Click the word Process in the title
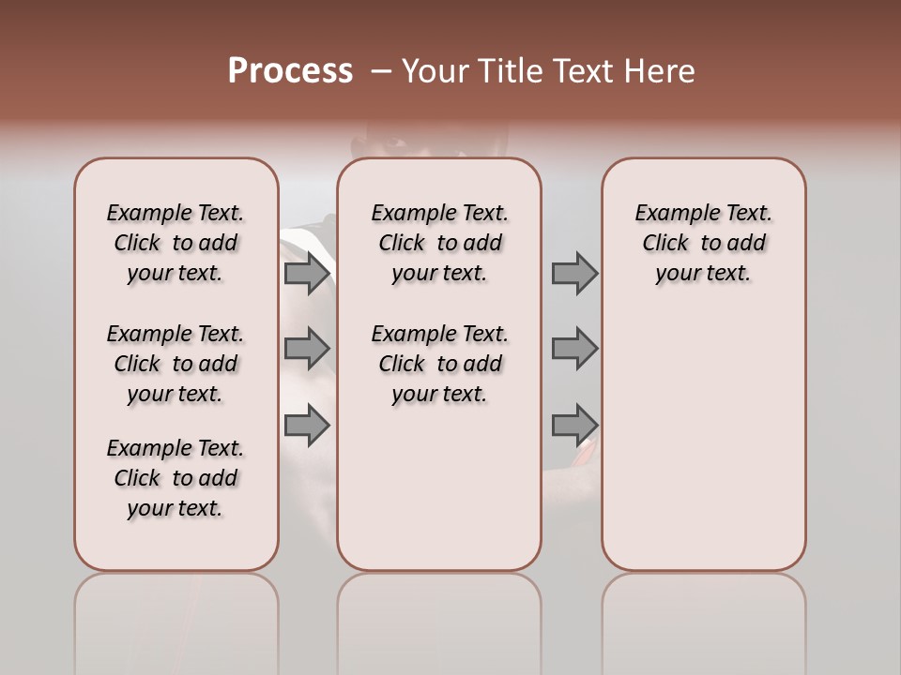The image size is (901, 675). click(x=290, y=71)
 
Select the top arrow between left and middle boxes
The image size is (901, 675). click(x=307, y=274)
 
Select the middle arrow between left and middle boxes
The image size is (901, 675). click(x=307, y=349)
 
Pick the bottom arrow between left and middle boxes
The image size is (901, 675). click(x=307, y=425)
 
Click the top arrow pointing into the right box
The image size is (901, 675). click(x=574, y=274)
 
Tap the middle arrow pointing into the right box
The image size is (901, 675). click(x=574, y=349)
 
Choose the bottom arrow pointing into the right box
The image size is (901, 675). click(x=574, y=425)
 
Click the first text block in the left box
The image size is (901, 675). click(x=176, y=243)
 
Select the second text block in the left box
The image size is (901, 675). click(x=176, y=364)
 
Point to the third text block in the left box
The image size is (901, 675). click(x=176, y=478)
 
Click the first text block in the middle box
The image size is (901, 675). click(x=439, y=243)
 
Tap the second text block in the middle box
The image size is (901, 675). click(x=439, y=364)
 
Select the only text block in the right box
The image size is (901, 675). click(x=703, y=243)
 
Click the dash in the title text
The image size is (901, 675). click(x=381, y=71)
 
